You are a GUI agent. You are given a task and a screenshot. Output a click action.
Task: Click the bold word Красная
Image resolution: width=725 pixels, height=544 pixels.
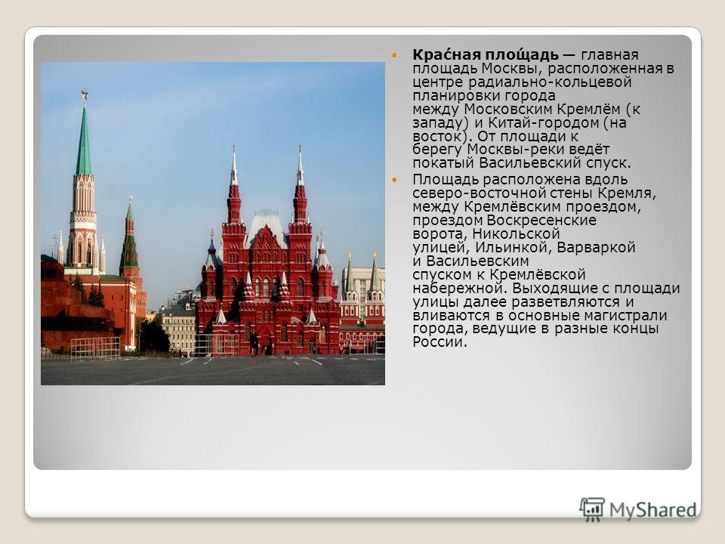click(440, 54)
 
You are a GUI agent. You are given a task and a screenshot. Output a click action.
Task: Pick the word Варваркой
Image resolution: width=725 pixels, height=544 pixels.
click(597, 248)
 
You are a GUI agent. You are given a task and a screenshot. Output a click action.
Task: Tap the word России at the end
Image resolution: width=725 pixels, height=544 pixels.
click(440, 342)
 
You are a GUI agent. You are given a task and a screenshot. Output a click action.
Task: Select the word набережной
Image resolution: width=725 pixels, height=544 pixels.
click(460, 288)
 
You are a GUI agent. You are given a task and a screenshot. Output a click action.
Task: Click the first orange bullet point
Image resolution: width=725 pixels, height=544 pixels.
click(394, 55)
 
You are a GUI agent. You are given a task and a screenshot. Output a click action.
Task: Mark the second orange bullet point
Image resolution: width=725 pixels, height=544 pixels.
click(394, 180)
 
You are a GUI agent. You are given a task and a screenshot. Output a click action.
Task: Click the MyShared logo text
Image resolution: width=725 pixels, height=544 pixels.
click(652, 509)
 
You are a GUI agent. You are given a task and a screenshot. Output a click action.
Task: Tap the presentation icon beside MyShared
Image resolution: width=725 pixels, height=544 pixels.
click(592, 509)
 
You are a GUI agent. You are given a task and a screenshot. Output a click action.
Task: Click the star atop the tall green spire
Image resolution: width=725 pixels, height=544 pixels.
click(84, 96)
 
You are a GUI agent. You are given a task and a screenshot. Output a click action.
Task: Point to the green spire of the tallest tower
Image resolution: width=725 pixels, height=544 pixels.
click(84, 141)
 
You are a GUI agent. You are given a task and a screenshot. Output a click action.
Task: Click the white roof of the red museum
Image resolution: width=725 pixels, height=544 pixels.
click(267, 227)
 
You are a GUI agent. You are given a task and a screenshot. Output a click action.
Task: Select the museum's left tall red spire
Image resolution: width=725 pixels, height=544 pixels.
click(234, 185)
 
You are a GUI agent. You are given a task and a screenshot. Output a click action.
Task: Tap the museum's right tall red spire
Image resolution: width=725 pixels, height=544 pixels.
click(300, 185)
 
